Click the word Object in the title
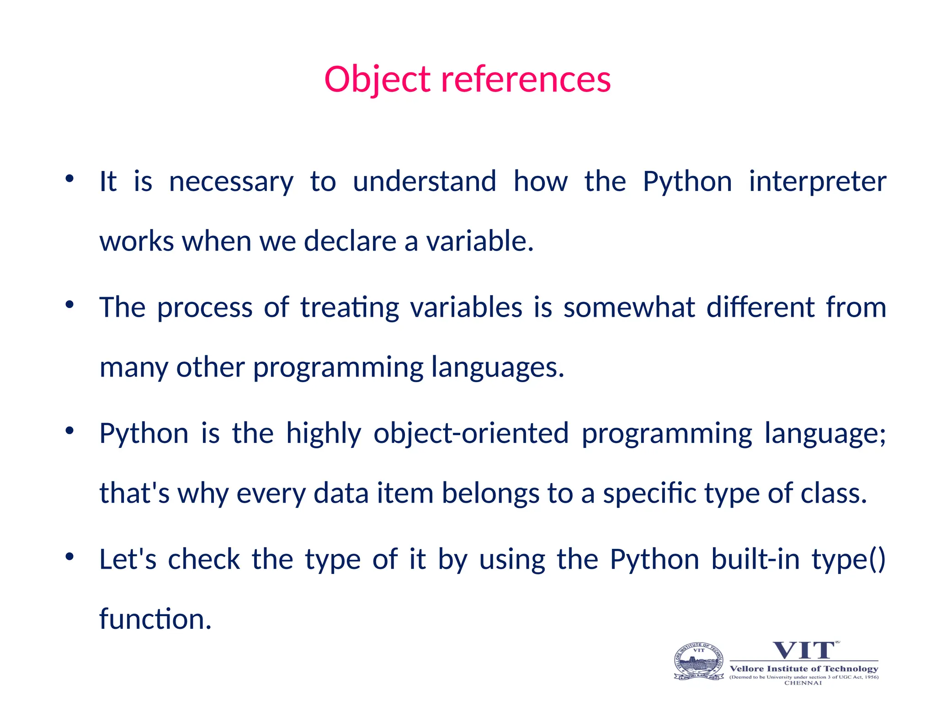[x=377, y=79]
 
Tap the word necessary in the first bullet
[x=231, y=181]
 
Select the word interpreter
[x=817, y=181]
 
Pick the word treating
[x=350, y=307]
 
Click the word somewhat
[x=629, y=307]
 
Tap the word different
[x=760, y=307]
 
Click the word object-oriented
[x=471, y=433]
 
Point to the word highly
[x=324, y=433]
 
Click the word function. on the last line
[x=155, y=619]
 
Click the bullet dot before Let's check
[x=69, y=557]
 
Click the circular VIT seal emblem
[x=699, y=661]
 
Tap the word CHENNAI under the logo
[x=803, y=683]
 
